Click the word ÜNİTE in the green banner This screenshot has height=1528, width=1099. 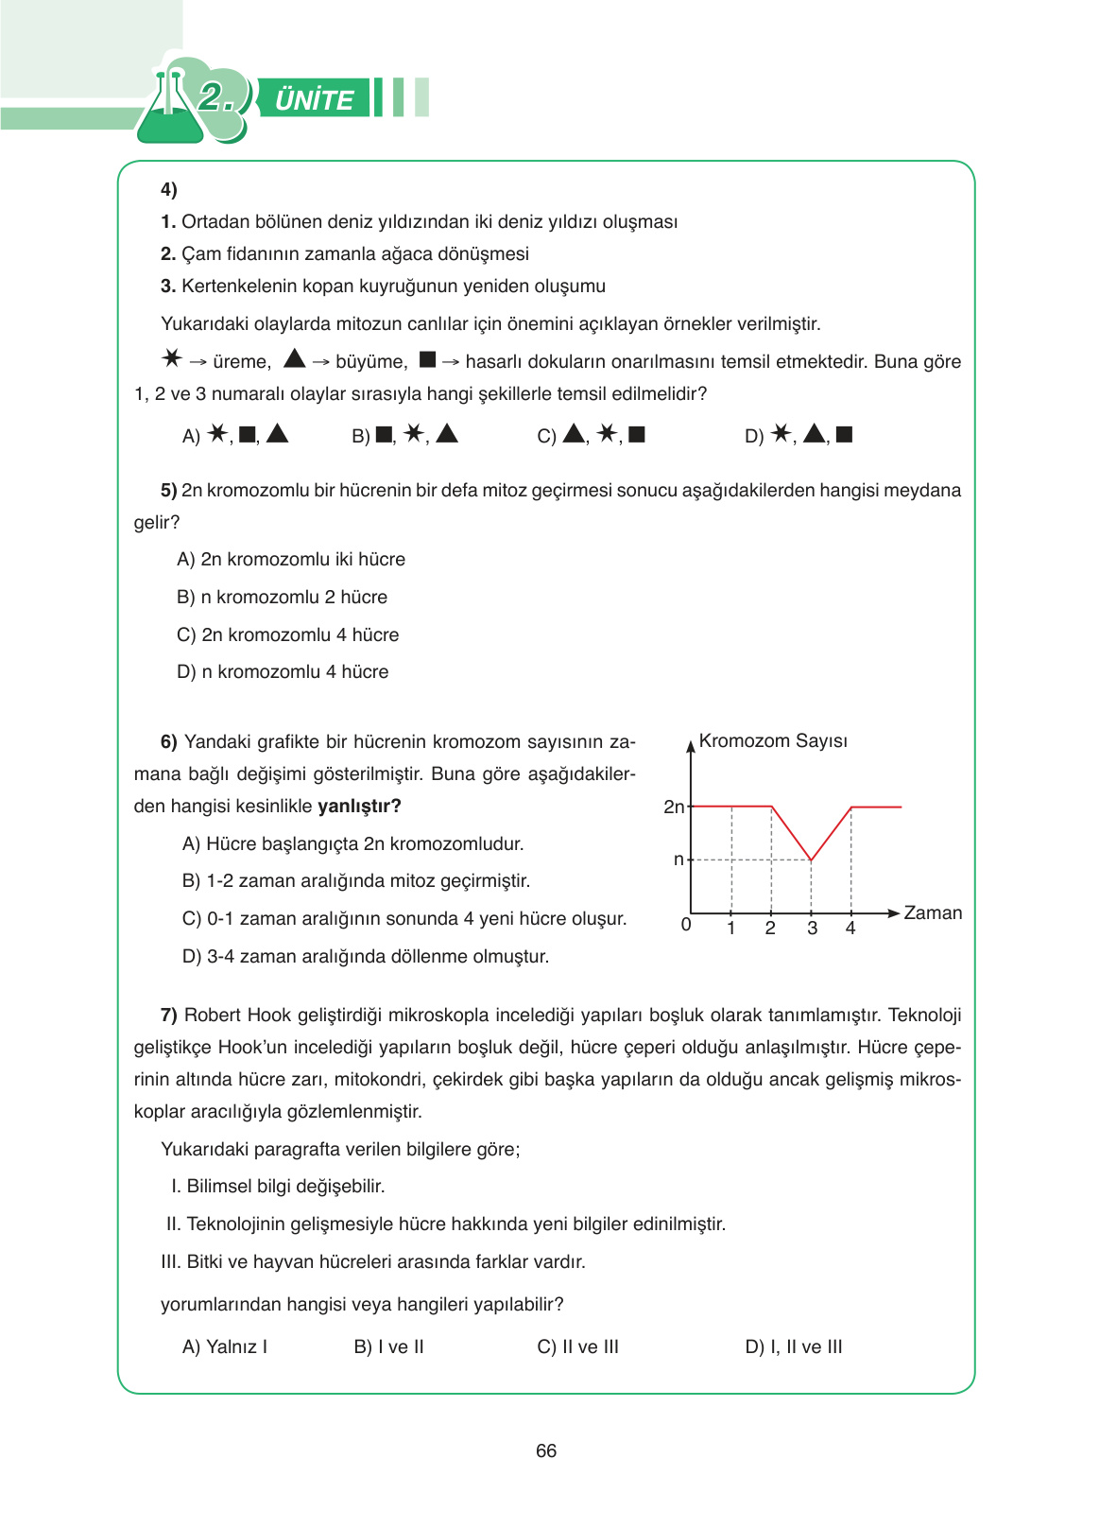(x=314, y=99)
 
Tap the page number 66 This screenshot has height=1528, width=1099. (x=546, y=1450)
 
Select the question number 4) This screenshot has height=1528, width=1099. (x=169, y=189)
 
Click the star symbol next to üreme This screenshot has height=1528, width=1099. (x=171, y=358)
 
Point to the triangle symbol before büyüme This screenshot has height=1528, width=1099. (x=295, y=358)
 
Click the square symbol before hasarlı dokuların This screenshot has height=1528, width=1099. (x=427, y=359)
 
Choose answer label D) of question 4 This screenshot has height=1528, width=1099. (x=754, y=436)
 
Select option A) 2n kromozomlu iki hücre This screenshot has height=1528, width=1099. (x=291, y=559)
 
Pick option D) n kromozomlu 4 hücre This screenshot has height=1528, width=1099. (x=283, y=671)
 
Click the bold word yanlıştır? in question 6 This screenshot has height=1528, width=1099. (x=359, y=806)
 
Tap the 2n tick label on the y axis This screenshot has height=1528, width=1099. (x=674, y=807)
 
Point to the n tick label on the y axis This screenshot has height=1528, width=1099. (x=678, y=859)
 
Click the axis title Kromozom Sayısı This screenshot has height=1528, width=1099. (x=773, y=740)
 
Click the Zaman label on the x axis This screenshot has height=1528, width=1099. (x=933, y=912)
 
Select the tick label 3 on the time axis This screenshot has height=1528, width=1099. (x=812, y=929)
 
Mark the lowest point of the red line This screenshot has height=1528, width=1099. (x=812, y=859)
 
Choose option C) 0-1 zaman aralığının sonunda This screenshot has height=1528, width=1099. (x=404, y=918)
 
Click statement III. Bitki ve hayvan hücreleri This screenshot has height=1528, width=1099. (x=373, y=1261)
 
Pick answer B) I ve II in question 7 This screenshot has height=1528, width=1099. (x=388, y=1346)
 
